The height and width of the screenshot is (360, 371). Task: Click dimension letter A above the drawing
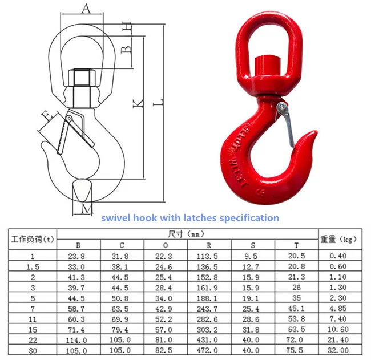tap(86, 9)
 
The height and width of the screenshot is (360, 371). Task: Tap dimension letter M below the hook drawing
tap(87, 209)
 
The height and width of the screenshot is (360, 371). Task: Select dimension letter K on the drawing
tap(138, 103)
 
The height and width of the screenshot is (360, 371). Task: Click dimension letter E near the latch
tap(47, 116)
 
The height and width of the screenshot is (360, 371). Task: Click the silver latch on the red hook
tap(286, 124)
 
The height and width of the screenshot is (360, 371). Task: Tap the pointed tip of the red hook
tap(316, 132)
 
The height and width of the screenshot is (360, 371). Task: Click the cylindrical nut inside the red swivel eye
tap(267, 65)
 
